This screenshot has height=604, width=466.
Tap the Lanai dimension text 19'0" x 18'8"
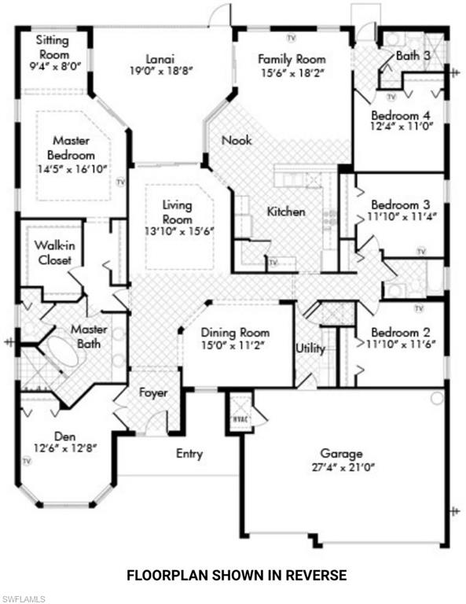tap(161, 72)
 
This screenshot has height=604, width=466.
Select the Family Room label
tap(292, 59)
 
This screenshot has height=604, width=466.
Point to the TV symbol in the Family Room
tap(292, 38)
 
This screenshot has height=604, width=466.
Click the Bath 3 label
tap(413, 56)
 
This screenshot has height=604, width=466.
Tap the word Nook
tap(237, 140)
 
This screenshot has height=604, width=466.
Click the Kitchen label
tap(286, 212)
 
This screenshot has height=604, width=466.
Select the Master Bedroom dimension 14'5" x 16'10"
tap(72, 169)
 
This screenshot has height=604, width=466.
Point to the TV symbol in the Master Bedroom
tap(121, 182)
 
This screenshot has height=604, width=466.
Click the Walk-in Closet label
tap(54, 252)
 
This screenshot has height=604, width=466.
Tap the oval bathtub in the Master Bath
tap(63, 353)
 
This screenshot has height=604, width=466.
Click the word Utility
tap(310, 348)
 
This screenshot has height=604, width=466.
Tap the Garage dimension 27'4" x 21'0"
tap(343, 467)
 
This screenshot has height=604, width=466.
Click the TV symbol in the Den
tap(26, 461)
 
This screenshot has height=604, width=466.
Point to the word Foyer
tap(153, 393)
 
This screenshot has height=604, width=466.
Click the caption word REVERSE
tap(316, 575)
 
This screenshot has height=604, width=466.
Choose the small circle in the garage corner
tap(437, 398)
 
